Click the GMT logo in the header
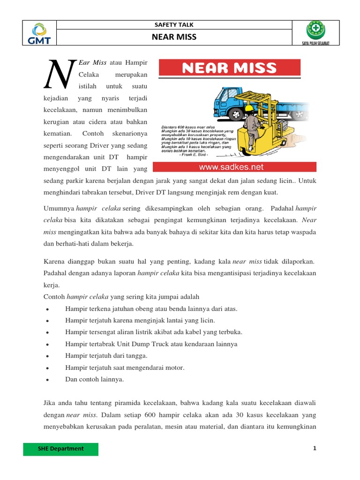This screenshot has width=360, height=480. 39,33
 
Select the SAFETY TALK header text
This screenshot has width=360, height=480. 173,24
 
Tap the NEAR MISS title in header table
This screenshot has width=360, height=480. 173,37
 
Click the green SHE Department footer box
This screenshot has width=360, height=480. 61,449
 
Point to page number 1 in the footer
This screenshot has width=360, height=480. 315,449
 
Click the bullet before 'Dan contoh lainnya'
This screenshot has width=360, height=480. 49,380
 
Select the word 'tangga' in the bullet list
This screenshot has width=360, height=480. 137,355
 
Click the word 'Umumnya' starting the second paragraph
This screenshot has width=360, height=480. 59,208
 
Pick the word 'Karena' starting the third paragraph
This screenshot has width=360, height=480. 53,261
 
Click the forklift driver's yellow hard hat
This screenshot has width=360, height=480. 248,108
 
